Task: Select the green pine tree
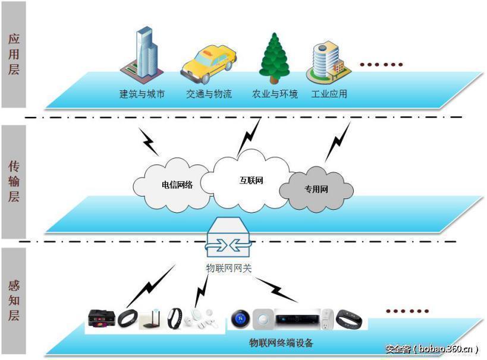tap(274, 58)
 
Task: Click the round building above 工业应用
tap(325, 65)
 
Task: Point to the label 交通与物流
tap(209, 94)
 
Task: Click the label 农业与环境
tap(275, 94)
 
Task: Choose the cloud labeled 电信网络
tap(172, 184)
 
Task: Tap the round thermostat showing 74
tap(240, 319)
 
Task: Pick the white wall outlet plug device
tap(326, 319)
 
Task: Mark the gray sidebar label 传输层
tap(13, 181)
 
